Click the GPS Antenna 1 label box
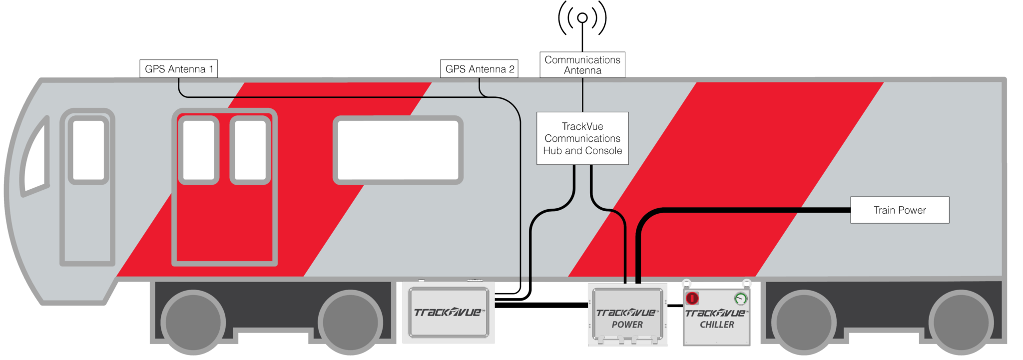pyautogui.click(x=178, y=69)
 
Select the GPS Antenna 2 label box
pyautogui.click(x=479, y=69)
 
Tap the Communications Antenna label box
pyautogui.click(x=582, y=65)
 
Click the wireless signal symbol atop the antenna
pyautogui.click(x=582, y=18)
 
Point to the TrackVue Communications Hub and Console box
pyautogui.click(x=582, y=138)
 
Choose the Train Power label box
pyautogui.click(x=900, y=210)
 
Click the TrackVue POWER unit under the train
pyautogui.click(x=627, y=315)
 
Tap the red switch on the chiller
pyautogui.click(x=692, y=299)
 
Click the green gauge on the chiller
pyautogui.click(x=740, y=299)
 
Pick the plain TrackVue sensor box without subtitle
pyautogui.click(x=448, y=313)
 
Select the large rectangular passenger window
pyautogui.click(x=398, y=150)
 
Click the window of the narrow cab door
pyautogui.click(x=88, y=149)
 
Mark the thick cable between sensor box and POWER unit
pyautogui.click(x=541, y=305)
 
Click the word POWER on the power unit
pyautogui.click(x=627, y=325)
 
